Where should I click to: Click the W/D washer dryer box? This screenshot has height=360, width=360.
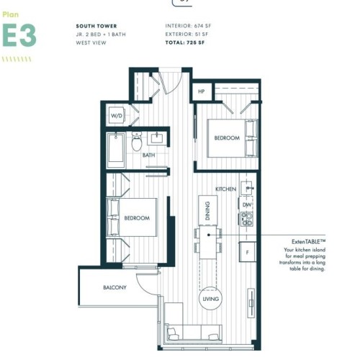pyautogui.click(x=117, y=115)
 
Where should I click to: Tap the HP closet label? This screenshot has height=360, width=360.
pyautogui.click(x=202, y=91)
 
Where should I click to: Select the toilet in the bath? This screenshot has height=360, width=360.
pyautogui.click(x=137, y=142)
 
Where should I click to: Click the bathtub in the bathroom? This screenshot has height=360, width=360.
pyautogui.click(x=116, y=150)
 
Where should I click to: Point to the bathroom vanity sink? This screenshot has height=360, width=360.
pyautogui.click(x=157, y=139)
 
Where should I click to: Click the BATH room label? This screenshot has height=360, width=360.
pyautogui.click(x=148, y=156)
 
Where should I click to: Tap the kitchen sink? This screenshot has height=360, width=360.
pyautogui.click(x=247, y=188)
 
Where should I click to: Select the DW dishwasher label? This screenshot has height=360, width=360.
pyautogui.click(x=247, y=204)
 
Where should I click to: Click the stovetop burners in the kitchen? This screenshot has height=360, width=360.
pyautogui.click(x=247, y=219)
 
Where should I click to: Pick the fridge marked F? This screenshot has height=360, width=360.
pyautogui.click(x=248, y=252)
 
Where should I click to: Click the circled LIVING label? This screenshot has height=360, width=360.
pyautogui.click(x=211, y=299)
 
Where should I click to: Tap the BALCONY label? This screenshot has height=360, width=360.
pyautogui.click(x=114, y=287)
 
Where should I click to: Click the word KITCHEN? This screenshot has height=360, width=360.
pyautogui.click(x=225, y=189)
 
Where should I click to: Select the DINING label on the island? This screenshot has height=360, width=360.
pyautogui.click(x=208, y=211)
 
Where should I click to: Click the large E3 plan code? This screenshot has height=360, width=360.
pyautogui.click(x=19, y=35)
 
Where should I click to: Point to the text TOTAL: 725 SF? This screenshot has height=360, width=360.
pyautogui.click(x=185, y=42)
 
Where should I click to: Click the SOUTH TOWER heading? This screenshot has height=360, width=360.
pyautogui.click(x=96, y=26)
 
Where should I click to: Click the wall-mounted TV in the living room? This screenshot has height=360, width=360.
pyautogui.click(x=251, y=303)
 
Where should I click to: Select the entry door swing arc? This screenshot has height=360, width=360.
pyautogui.click(x=177, y=86)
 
